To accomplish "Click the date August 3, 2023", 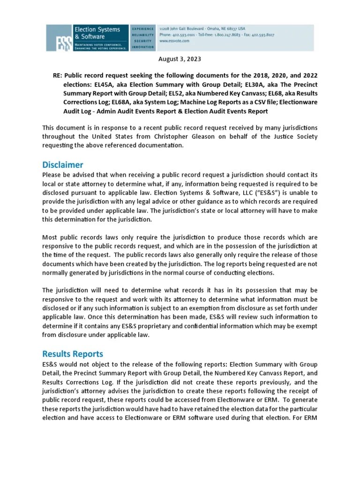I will pyautogui.click(x=180, y=59).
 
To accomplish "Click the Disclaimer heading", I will pyautogui.click(x=62, y=165).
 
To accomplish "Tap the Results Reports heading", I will pyautogui.click(x=73, y=353).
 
